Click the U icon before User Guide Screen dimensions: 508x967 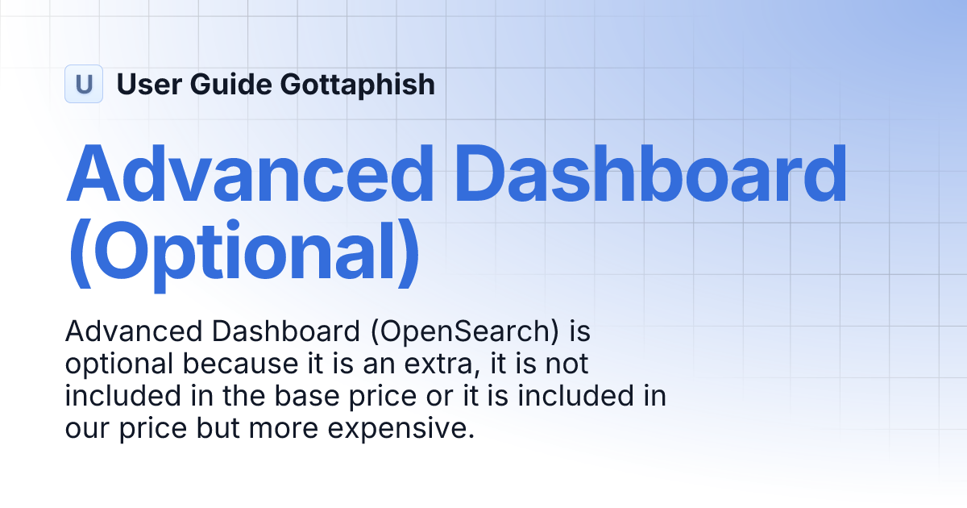coord(84,84)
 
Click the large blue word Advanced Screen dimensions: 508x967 coord(250,173)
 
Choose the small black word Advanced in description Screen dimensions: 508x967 coord(122,331)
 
